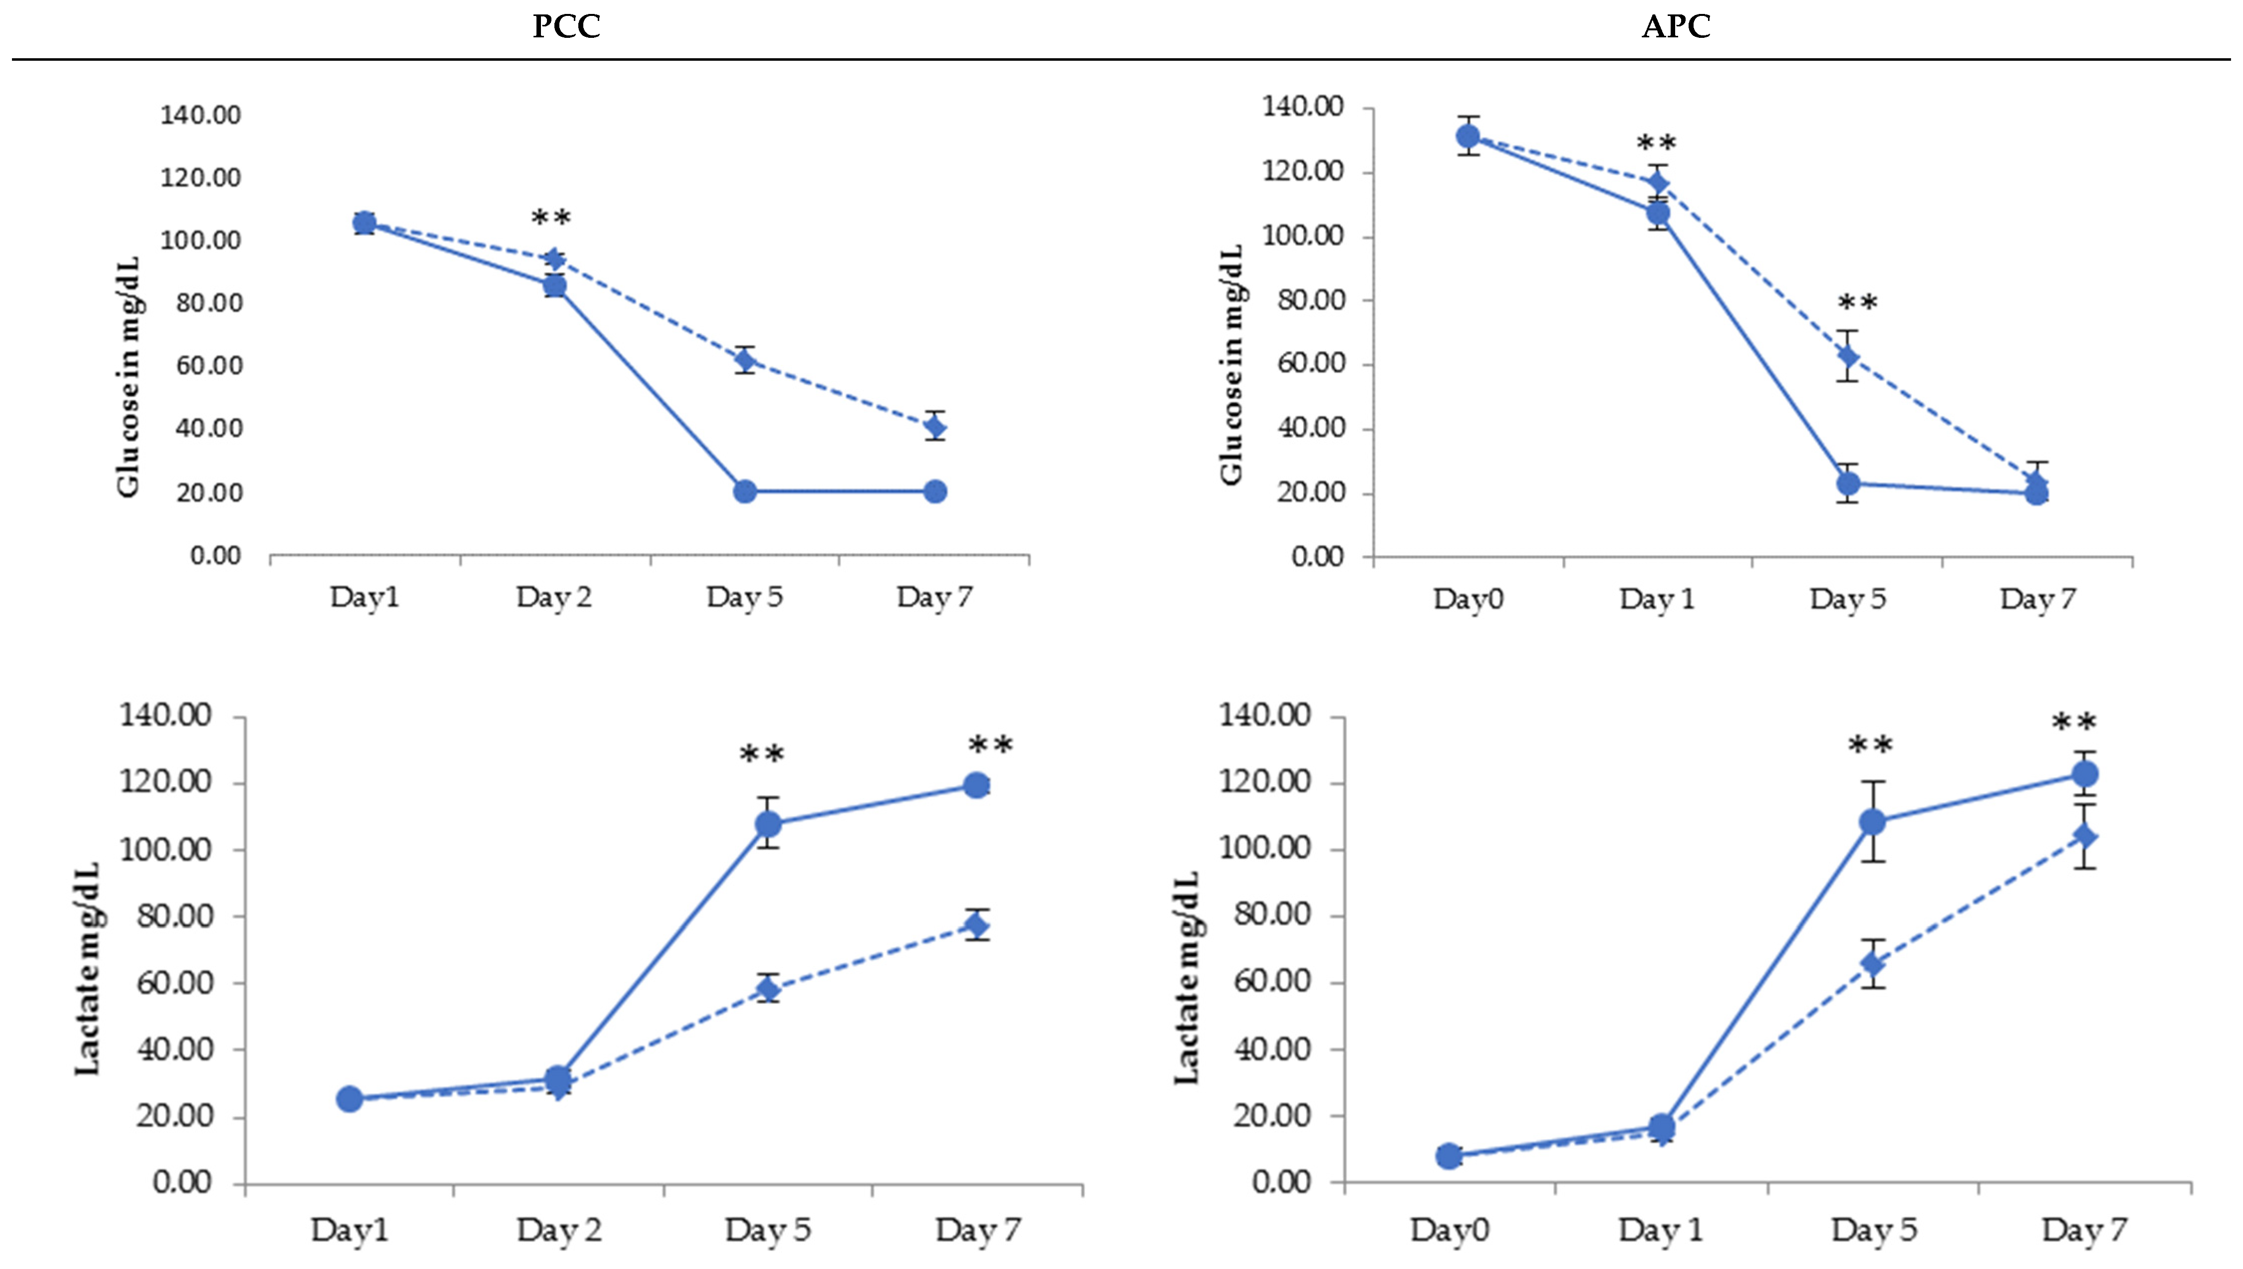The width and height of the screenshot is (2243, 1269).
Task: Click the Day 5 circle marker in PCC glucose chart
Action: [745, 491]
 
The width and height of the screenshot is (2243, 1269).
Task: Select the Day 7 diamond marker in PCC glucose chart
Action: [934, 427]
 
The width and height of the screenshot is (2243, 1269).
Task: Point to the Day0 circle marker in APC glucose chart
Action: [1468, 136]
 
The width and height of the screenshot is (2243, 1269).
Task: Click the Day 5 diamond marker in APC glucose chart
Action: [1847, 356]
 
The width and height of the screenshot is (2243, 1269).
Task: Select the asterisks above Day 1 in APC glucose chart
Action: [1655, 143]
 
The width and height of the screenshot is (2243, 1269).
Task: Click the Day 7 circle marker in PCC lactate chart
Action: [976, 785]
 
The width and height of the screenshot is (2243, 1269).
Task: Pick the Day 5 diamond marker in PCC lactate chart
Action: [768, 988]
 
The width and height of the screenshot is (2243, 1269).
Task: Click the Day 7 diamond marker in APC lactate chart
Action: [2084, 837]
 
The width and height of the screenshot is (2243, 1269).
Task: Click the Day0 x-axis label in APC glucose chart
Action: [1468, 599]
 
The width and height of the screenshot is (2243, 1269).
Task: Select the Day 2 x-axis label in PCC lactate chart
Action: [559, 1230]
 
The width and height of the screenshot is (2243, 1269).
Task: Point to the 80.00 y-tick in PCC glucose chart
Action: [209, 303]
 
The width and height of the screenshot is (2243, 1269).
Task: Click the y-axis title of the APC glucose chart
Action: [1231, 364]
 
